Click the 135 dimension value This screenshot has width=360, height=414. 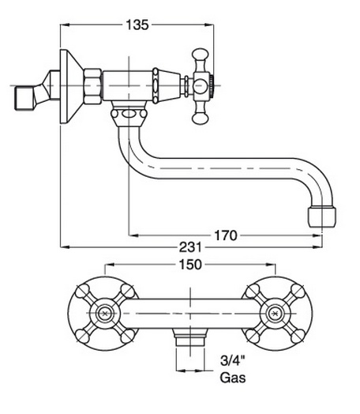tap(137, 25)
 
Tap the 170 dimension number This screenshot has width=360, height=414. tap(226, 235)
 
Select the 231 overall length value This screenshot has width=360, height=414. tap(190, 247)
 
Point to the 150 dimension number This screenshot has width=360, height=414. tap(190, 265)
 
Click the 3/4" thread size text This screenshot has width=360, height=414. tap(233, 360)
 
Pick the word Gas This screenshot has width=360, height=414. tap(233, 378)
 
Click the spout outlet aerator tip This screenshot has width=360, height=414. tap(322, 217)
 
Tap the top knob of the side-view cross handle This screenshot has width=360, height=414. tap(200, 54)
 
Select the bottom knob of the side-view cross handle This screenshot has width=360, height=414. tap(200, 118)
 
